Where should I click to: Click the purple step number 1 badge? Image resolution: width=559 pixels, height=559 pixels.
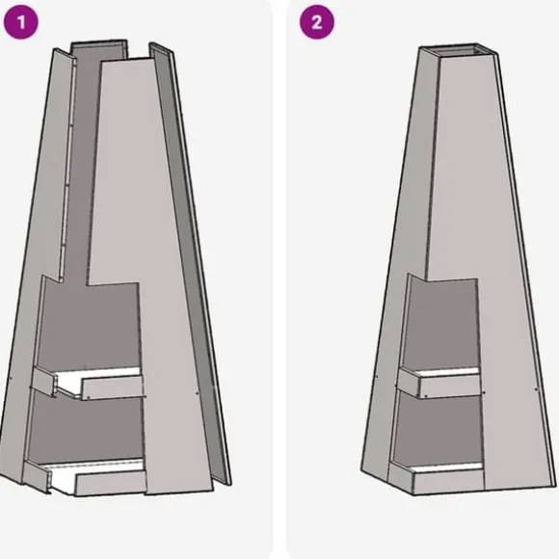(20, 22)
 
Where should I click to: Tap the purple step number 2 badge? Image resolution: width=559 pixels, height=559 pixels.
(316, 22)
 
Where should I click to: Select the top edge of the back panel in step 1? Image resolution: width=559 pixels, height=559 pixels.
(98, 42)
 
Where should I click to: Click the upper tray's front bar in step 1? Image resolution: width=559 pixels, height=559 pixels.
(113, 388)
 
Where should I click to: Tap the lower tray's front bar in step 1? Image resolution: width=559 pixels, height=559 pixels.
(111, 483)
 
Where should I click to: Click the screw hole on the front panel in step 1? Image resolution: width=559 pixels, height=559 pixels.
(198, 393)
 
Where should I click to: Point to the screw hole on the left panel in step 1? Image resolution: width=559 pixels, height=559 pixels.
(11, 377)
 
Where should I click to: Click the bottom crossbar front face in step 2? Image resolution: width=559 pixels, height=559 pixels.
(448, 482)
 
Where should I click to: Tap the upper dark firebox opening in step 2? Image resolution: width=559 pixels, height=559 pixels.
(442, 325)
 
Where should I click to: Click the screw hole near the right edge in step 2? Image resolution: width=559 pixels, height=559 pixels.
(537, 389)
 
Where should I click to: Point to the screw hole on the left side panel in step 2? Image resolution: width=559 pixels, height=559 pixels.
(377, 376)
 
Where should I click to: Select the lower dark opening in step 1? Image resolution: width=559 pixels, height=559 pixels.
(87, 428)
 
